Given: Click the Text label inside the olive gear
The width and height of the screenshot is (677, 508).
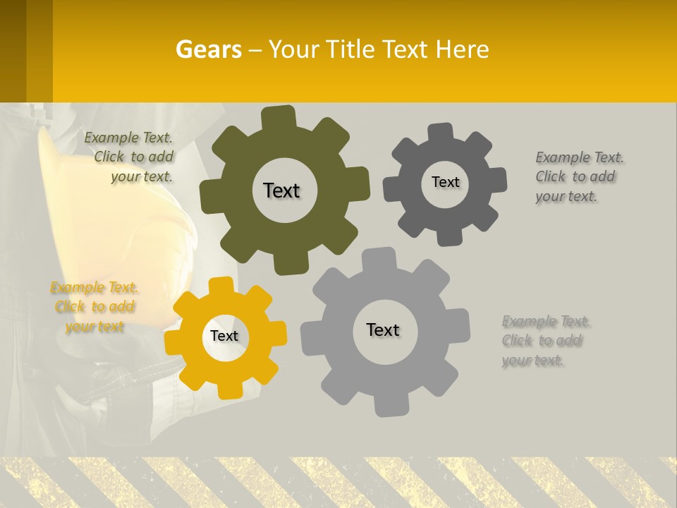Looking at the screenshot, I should tap(281, 190).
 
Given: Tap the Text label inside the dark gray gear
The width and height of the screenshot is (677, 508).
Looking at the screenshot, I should tap(445, 182).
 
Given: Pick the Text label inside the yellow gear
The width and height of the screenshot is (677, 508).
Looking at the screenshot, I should tap(224, 336).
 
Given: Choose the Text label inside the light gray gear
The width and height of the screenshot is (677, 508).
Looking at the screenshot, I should tap(383, 329).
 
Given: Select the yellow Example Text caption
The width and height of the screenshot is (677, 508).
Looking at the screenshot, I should tap(94, 307).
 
